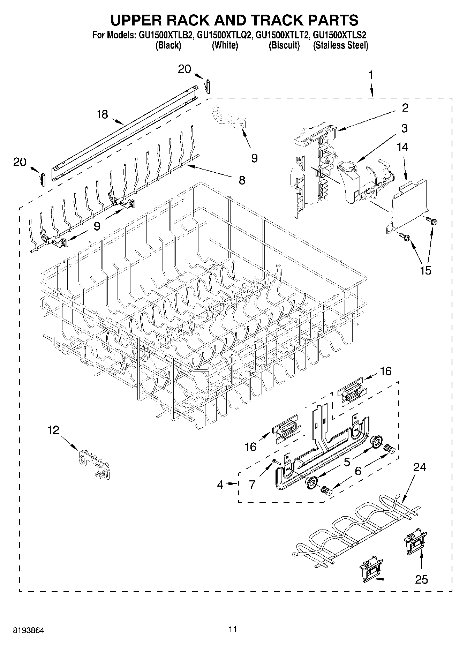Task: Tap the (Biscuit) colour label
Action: coord(284,45)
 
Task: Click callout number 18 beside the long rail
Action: coord(102,114)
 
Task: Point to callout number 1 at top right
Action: coord(371,75)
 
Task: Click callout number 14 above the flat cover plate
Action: coord(402,147)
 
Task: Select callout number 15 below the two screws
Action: coord(425,270)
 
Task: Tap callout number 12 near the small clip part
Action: coord(53,430)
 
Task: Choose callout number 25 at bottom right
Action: coord(421,579)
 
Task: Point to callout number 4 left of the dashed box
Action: coord(220,485)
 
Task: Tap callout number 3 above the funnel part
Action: coord(404,128)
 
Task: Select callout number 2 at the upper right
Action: coord(405,108)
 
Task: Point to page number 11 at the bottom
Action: coord(233,629)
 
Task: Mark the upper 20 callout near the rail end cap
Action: coord(184,69)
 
